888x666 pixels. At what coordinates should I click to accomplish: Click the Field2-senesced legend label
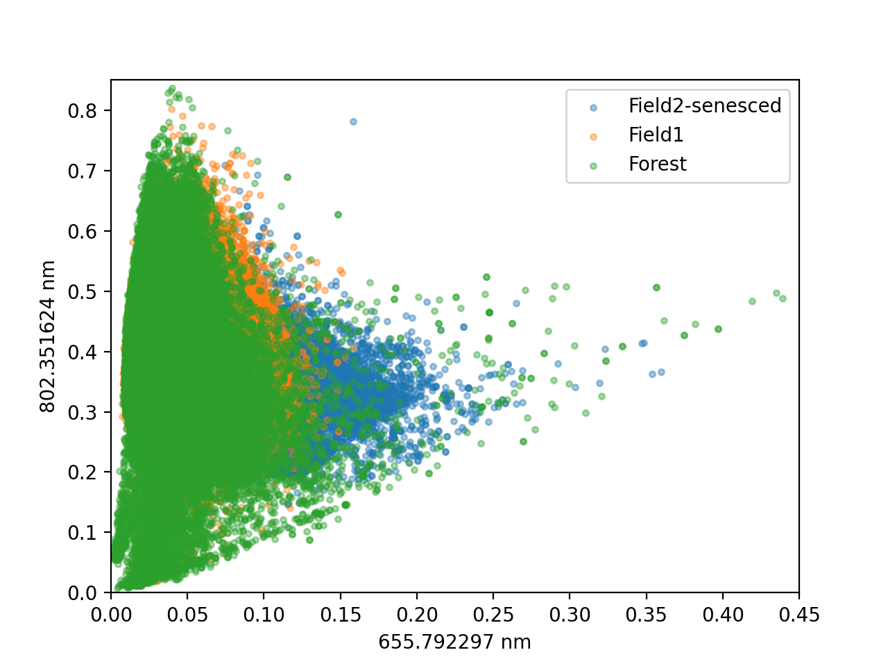(x=704, y=106)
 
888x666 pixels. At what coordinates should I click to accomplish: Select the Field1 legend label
(x=656, y=135)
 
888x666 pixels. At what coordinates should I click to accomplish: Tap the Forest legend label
(x=658, y=164)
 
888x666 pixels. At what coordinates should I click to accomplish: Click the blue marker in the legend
(x=593, y=108)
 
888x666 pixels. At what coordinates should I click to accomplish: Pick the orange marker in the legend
(x=593, y=137)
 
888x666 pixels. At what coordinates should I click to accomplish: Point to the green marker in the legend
(x=593, y=166)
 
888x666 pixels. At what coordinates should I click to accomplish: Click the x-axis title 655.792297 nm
(x=454, y=642)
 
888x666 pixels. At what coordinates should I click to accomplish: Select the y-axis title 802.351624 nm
(x=47, y=336)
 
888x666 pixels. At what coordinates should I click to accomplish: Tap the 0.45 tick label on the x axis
(x=799, y=615)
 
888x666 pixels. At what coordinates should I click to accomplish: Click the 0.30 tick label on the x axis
(x=570, y=615)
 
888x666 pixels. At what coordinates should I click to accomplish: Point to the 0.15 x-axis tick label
(x=340, y=615)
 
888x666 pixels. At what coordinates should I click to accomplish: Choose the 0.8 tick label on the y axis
(x=83, y=111)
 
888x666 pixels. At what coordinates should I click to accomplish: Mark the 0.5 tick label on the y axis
(x=83, y=292)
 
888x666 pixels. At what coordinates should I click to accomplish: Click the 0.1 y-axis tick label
(x=83, y=533)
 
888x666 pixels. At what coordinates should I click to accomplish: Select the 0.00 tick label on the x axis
(x=111, y=615)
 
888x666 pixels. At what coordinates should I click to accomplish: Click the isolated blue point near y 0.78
(x=353, y=121)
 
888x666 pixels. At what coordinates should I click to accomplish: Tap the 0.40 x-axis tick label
(x=722, y=615)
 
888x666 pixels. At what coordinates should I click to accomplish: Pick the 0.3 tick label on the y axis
(x=83, y=413)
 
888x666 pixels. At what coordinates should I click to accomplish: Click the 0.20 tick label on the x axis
(x=417, y=615)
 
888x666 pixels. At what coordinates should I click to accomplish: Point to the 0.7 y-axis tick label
(x=83, y=171)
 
